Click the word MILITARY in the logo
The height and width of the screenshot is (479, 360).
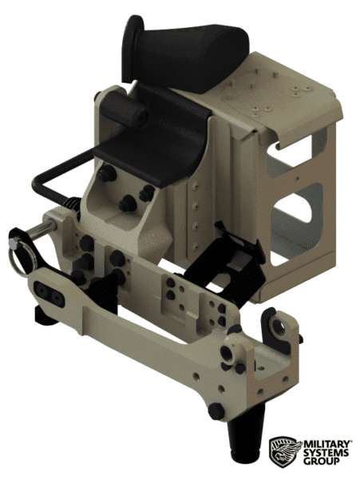click(x=324, y=442)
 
